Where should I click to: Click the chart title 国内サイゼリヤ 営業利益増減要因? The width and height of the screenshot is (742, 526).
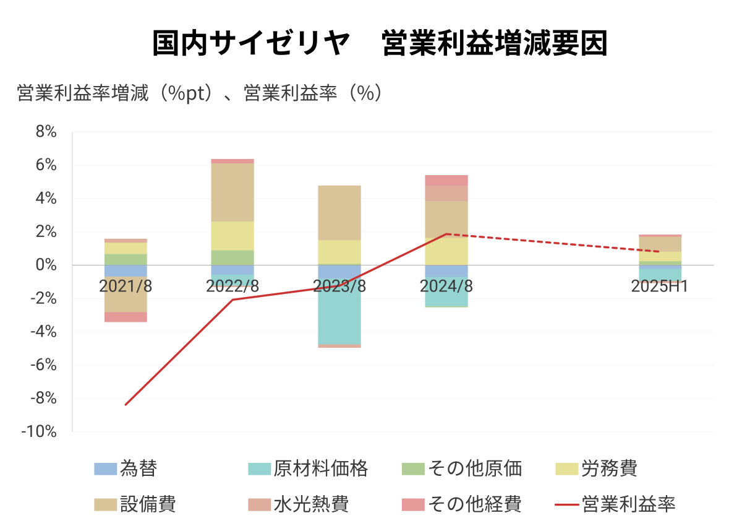click(x=380, y=45)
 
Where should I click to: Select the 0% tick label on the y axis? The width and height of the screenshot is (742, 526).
click(x=45, y=265)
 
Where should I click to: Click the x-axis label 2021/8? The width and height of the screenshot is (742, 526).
click(x=126, y=287)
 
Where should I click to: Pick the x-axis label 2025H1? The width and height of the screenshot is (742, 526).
click(x=660, y=287)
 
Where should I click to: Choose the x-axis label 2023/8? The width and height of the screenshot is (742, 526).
click(x=339, y=287)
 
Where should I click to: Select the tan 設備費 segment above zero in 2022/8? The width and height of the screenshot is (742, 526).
click(x=232, y=192)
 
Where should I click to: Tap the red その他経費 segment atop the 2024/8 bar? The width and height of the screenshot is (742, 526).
click(x=446, y=180)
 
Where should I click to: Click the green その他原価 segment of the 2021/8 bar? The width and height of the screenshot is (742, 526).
click(x=126, y=259)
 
